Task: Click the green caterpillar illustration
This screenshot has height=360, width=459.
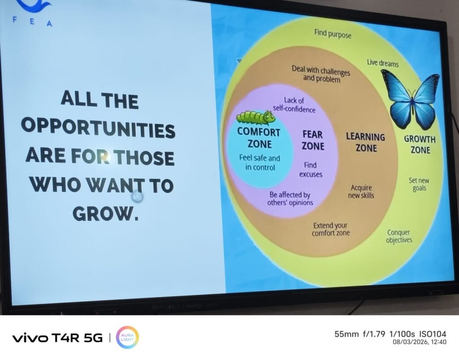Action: coord(255,118)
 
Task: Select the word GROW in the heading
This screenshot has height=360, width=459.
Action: coord(102,214)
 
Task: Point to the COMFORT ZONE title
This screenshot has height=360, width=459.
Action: coord(259,138)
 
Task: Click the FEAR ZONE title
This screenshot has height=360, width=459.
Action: coord(313,140)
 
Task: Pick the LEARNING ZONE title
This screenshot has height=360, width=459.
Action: coord(366,142)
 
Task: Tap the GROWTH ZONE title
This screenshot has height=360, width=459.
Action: coord(420,145)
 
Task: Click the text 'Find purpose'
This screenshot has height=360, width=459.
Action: coord(333,34)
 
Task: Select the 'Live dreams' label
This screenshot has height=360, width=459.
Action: coord(383,63)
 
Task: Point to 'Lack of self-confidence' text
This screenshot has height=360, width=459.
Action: coord(294,105)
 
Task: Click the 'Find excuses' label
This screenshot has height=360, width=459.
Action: coord(311,170)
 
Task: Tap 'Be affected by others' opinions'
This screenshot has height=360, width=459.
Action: coord(290,198)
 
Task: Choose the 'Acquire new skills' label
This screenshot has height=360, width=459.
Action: coord(361,192)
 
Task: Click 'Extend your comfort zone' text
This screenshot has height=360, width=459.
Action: coord(330,229)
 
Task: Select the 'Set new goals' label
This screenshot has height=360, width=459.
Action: coord(419,184)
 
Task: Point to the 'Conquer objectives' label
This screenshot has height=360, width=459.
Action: coord(398,236)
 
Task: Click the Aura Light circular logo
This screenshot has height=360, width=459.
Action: coord(127,338)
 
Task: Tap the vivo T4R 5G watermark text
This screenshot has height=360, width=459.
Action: coord(57,338)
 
